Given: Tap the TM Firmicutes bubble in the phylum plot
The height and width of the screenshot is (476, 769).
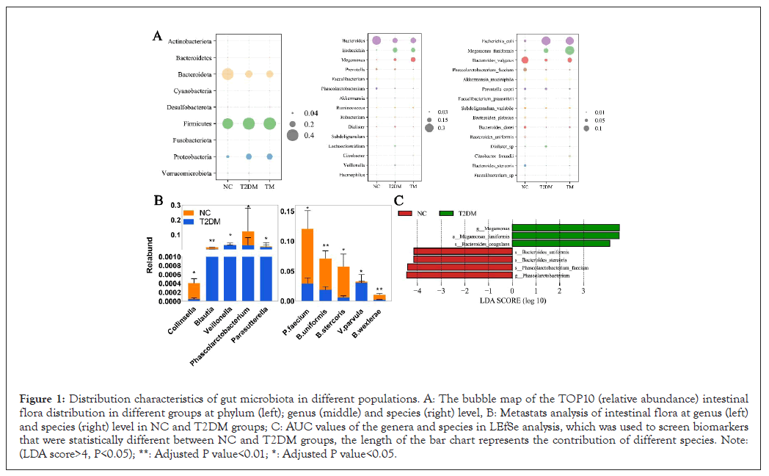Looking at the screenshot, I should pyautogui.click(x=270, y=123).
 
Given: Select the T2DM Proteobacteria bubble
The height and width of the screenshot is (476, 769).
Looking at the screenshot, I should pyautogui.click(x=249, y=156).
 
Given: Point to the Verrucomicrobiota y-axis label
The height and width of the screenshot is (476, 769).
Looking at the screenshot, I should pyautogui.click(x=189, y=173).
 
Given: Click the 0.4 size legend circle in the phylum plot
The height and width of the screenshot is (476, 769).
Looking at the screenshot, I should pyautogui.click(x=292, y=135).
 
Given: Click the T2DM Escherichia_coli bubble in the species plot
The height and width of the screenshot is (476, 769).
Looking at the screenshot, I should pyautogui.click(x=546, y=41).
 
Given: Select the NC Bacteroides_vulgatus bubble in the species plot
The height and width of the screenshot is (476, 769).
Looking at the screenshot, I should pyautogui.click(x=525, y=59).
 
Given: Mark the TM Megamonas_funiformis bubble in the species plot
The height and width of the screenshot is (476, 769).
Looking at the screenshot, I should pyautogui.click(x=570, y=50).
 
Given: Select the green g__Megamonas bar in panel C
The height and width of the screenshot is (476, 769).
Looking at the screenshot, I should pyautogui.click(x=566, y=228).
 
